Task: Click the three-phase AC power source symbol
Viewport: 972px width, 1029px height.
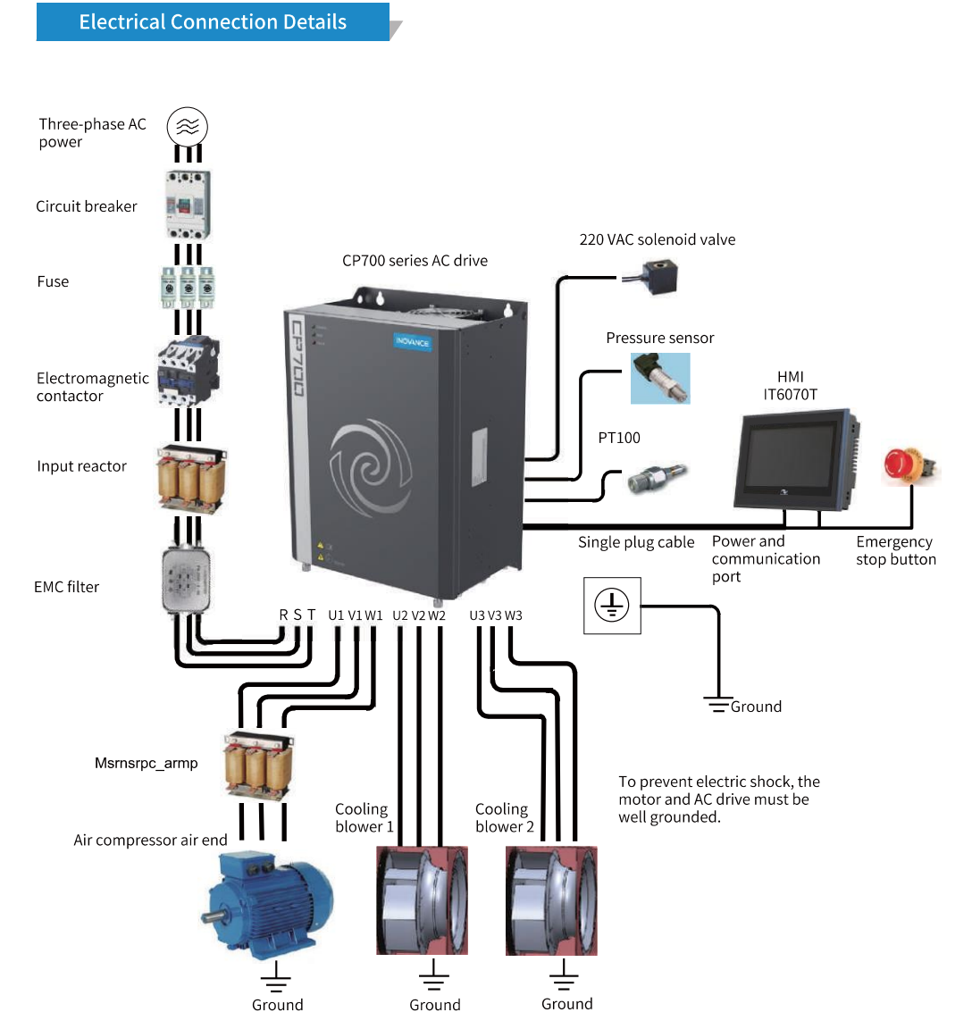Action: point(188,128)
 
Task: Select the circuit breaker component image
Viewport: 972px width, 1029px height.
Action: point(188,205)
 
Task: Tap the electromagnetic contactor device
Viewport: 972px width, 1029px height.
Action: point(188,371)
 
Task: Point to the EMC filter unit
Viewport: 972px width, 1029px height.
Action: point(187,581)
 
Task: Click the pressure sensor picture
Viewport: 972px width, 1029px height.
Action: point(660,379)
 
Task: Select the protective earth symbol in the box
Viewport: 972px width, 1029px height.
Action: point(612,606)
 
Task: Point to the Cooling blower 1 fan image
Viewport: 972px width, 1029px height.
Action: point(422,900)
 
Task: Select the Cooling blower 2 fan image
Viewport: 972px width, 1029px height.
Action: point(551,900)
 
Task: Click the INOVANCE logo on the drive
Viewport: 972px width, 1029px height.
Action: point(413,342)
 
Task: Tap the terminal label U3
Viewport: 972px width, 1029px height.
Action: point(477,615)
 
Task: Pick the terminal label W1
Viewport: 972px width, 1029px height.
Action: point(373,615)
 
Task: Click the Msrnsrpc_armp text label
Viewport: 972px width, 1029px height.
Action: point(147,763)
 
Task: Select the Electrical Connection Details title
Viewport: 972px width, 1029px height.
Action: point(213,22)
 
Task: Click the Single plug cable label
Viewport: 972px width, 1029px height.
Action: point(636,542)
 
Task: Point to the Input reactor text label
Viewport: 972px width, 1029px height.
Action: point(81,466)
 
